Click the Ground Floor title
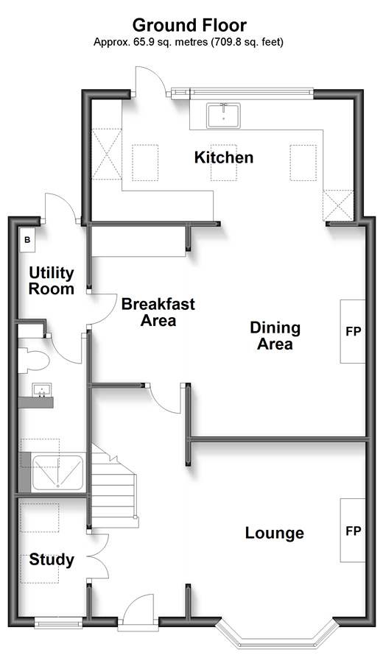[189, 26]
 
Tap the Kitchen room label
[224, 157]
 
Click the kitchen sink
[223, 116]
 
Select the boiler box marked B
[27, 240]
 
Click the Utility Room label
[52, 280]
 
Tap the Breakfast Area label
[158, 312]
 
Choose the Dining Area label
[275, 336]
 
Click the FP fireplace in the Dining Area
[353, 331]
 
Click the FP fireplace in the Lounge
[353, 531]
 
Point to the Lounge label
[274, 533]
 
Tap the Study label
[52, 560]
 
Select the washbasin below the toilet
[42, 390]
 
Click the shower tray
[57, 472]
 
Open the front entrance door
[138, 614]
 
